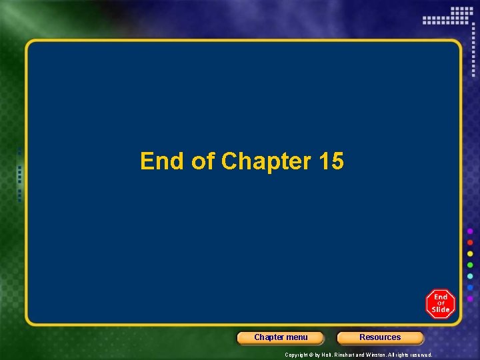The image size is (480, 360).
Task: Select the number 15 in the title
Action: point(331,161)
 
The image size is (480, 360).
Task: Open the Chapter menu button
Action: point(281,337)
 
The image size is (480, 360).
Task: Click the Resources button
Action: point(380,337)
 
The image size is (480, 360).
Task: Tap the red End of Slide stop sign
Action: point(440,303)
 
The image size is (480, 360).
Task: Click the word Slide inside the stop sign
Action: point(441,309)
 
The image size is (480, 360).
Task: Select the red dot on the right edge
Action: point(470,243)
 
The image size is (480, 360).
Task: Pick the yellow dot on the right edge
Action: point(470,254)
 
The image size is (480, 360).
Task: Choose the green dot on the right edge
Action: point(470,265)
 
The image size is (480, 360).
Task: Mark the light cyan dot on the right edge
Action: point(470,276)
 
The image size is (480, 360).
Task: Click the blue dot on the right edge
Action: point(470,287)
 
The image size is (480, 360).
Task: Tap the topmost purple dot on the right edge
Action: point(470,231)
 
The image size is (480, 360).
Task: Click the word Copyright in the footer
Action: point(297,355)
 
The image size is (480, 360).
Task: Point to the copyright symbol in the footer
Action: point(312,355)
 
